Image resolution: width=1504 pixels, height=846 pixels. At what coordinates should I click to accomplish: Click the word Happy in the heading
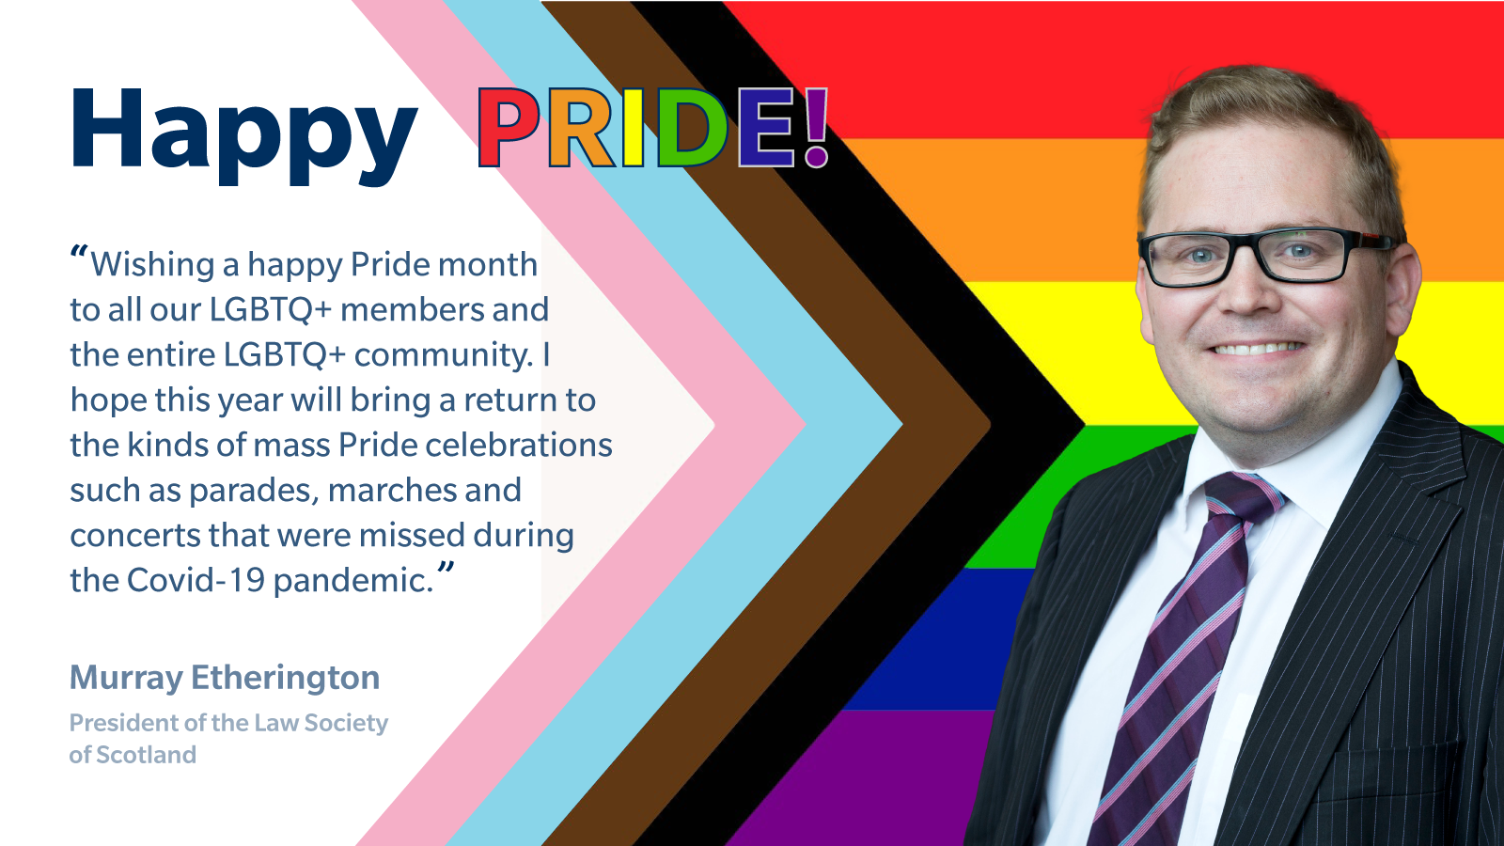tap(243, 135)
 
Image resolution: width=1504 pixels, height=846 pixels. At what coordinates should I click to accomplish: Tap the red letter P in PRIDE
tap(509, 128)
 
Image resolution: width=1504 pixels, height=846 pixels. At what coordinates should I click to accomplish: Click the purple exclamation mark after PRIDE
tap(816, 128)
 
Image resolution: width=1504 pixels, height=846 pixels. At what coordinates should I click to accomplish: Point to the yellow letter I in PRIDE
tap(634, 128)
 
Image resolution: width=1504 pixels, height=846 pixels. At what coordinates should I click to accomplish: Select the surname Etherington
tap(286, 678)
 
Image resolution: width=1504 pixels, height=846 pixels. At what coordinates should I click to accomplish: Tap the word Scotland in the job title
tap(147, 755)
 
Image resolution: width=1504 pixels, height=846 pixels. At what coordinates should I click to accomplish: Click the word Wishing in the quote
tap(152, 266)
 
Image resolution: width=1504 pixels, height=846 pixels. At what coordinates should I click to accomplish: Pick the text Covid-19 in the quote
tap(196, 580)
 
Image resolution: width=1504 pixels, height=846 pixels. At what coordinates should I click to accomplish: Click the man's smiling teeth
tap(1257, 349)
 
